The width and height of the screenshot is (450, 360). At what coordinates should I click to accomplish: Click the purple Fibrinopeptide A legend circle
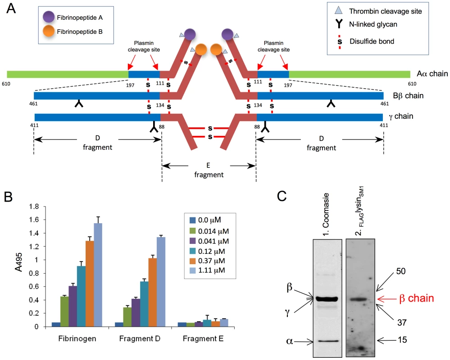(x=49, y=17)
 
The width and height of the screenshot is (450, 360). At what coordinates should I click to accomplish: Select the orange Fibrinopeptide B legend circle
(x=49, y=31)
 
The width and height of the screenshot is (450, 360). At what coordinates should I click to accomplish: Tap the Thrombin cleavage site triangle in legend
(x=339, y=11)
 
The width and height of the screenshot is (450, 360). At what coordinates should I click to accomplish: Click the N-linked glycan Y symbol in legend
(x=339, y=24)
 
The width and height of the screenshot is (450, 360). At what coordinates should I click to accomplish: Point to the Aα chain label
(x=432, y=74)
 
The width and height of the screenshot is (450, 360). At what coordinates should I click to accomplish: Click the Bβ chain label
(x=408, y=96)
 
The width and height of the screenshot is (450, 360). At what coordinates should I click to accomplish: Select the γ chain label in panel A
(x=401, y=117)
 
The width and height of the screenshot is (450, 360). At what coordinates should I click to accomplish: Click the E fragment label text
(x=209, y=170)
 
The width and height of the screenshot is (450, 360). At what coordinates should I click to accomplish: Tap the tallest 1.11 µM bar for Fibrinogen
(x=98, y=275)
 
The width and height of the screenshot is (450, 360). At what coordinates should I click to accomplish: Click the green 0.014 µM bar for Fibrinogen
(x=64, y=311)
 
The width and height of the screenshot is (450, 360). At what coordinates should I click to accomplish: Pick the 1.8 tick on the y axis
(x=34, y=207)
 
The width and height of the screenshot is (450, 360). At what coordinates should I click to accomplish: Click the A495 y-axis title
(x=18, y=262)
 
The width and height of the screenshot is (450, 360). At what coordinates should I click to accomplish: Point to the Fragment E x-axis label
(x=203, y=338)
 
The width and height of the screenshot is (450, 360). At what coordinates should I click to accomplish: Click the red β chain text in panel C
(x=416, y=298)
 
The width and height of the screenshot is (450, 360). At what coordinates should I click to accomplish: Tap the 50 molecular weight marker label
(x=400, y=271)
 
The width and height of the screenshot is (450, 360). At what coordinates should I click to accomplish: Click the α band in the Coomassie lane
(x=327, y=341)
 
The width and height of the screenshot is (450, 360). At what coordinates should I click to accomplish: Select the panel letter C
(x=282, y=196)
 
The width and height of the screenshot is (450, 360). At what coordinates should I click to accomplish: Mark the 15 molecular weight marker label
(x=402, y=340)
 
